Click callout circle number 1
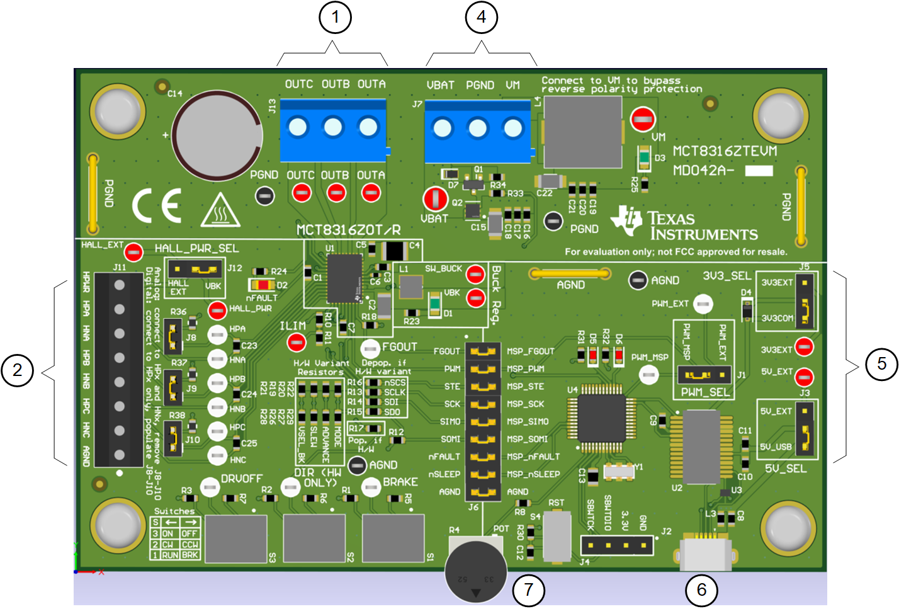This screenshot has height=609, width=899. coord(335,17)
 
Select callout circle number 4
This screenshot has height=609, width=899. coord(481,17)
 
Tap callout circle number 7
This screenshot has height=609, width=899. coord(528,589)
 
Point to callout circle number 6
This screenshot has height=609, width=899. coord(701,589)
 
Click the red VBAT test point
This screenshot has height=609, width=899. coord(434,198)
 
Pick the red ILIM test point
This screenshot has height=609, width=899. coord(296,343)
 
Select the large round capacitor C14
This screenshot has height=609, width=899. coord(218,135)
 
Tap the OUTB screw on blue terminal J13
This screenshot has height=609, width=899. coord(333,128)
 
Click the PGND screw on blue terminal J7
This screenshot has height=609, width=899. coord(478,129)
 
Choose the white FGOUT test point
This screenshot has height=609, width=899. coord(370,348)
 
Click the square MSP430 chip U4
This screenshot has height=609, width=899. coord(601,418)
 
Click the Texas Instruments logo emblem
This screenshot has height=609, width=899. coord(627,220)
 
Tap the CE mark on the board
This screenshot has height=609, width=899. coord(157,205)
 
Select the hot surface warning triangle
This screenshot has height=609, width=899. coord(220,210)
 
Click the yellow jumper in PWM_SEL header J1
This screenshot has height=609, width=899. coord(698,375)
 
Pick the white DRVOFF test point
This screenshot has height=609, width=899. coord(210,486)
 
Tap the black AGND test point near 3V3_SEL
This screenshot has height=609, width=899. coord(638,280)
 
